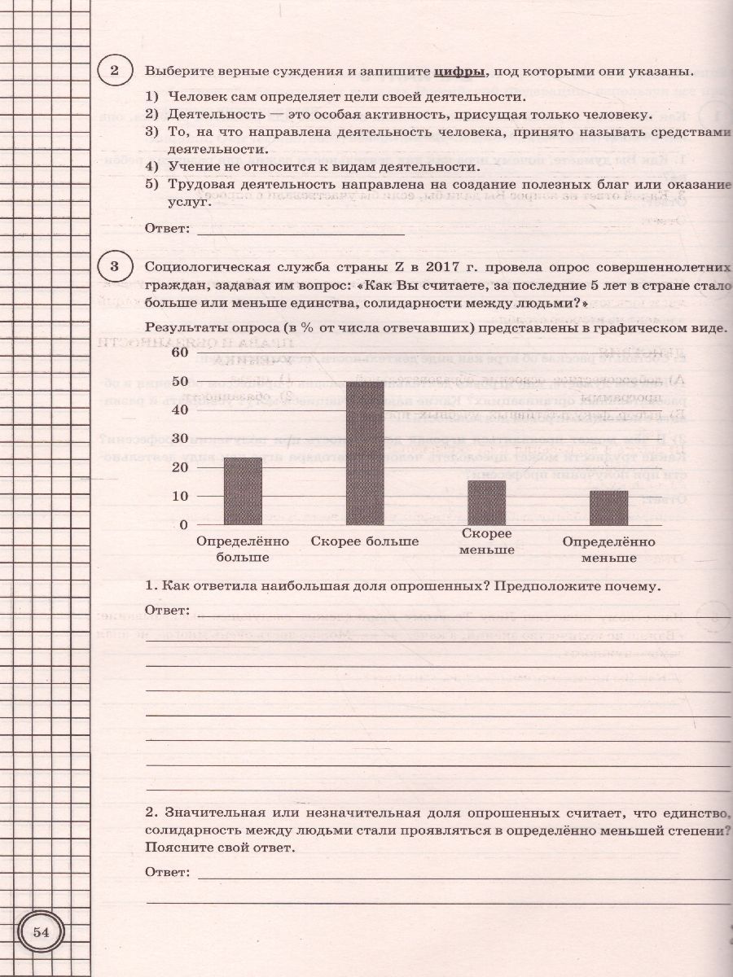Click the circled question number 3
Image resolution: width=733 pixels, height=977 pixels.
(115, 267)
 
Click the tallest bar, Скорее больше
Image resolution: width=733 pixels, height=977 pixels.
(365, 453)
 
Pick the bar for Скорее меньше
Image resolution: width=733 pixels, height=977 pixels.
(487, 502)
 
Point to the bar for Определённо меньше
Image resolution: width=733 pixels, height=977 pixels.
(608, 507)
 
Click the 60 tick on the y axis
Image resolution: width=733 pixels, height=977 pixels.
(179, 353)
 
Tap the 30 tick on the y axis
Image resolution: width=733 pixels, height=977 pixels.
(179, 439)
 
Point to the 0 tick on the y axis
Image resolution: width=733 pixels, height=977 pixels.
(183, 525)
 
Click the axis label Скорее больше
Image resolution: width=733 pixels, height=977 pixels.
(365, 541)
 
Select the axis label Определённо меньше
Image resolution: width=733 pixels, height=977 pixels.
(608, 550)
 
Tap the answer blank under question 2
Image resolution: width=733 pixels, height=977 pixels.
(301, 229)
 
